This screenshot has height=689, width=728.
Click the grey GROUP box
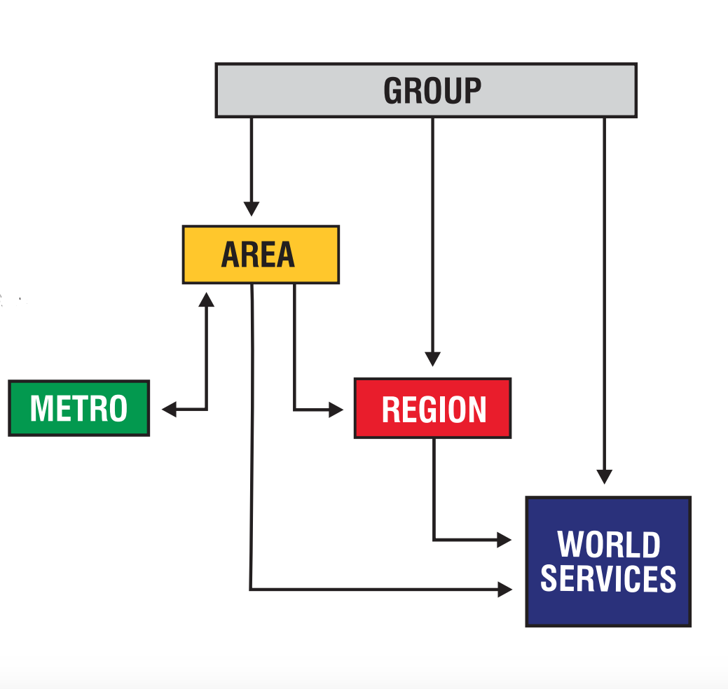[x=425, y=90]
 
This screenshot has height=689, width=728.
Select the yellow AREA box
[x=261, y=255]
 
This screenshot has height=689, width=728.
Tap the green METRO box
[x=79, y=408]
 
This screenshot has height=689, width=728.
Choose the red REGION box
[x=432, y=409]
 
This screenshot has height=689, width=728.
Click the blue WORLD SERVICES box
[x=608, y=562]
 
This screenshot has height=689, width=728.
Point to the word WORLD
[x=608, y=545]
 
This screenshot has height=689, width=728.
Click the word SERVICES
[x=608, y=579]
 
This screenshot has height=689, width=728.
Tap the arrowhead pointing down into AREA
[x=252, y=209]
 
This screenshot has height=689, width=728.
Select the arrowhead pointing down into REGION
[x=433, y=358]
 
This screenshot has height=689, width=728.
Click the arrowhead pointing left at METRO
[x=169, y=409]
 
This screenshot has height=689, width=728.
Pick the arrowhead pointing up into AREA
[x=206, y=299]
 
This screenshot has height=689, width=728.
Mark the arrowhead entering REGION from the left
[x=336, y=409]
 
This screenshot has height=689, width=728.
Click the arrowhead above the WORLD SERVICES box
[x=605, y=476]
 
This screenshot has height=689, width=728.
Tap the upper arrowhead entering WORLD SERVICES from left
[x=504, y=540]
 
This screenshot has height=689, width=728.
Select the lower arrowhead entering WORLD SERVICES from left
[x=504, y=590]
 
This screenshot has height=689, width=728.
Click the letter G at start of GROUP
[x=394, y=91]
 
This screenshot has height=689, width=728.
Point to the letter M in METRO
[x=41, y=409]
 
